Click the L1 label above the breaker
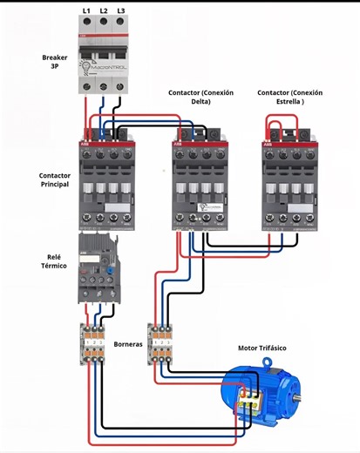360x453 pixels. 86,10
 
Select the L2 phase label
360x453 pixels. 103,10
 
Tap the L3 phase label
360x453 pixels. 120,10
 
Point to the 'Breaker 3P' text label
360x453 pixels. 55,62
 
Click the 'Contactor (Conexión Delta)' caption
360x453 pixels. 201,97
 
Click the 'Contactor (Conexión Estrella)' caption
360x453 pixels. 290,97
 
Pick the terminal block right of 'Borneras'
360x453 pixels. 160,344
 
